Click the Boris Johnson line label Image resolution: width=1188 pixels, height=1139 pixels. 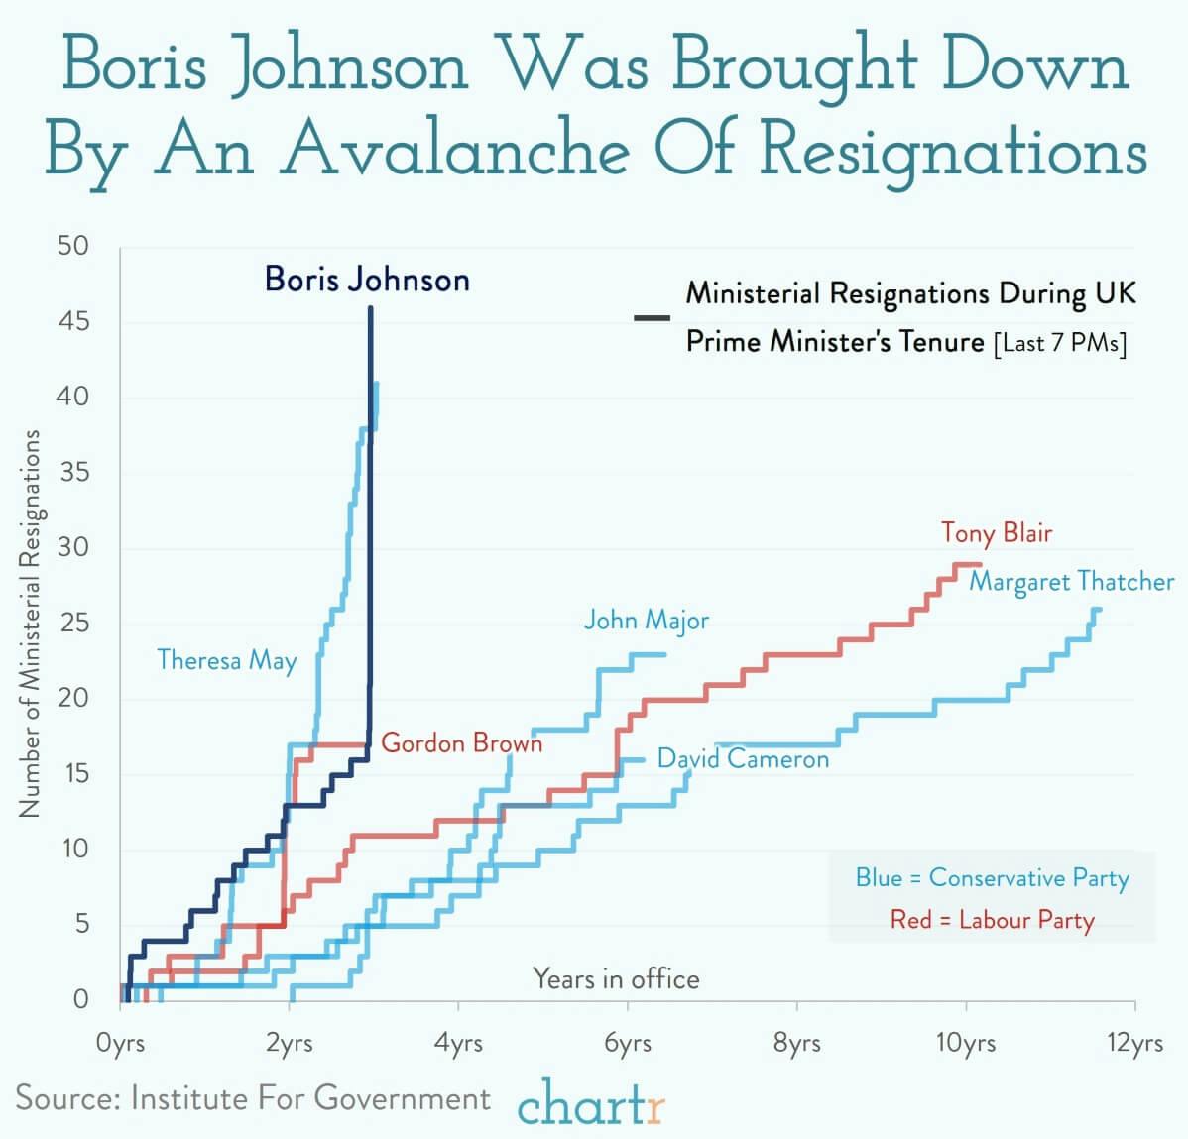367,280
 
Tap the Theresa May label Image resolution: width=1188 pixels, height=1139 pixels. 227,660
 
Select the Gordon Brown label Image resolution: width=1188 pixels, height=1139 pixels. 462,742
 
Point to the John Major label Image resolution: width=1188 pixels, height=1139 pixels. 647,621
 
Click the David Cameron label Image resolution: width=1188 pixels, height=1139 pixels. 743,759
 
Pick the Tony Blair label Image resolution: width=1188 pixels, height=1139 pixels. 997,532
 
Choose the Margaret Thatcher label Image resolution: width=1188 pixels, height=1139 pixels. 1071,581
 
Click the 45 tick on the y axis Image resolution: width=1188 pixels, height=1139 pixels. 70,321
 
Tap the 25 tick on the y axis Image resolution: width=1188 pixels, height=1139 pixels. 70,623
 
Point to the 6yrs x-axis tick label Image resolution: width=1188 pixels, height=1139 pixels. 628,1044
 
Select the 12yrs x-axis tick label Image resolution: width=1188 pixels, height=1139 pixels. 1135,1044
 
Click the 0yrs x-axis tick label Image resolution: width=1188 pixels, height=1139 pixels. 120,1044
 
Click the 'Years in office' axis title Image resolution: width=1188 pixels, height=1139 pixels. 616,979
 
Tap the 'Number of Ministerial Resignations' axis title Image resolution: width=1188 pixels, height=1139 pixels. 30,624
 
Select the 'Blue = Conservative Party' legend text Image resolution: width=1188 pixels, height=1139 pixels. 992,878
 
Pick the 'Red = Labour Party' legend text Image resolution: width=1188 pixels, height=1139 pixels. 992,920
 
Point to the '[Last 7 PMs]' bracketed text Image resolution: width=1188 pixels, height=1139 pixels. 1059,343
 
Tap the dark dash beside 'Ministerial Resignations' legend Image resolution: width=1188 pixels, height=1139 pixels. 652,318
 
